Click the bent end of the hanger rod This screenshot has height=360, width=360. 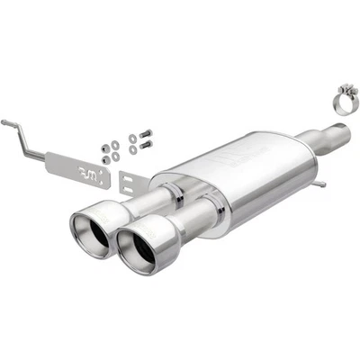6,123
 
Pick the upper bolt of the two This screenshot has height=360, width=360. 144,135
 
